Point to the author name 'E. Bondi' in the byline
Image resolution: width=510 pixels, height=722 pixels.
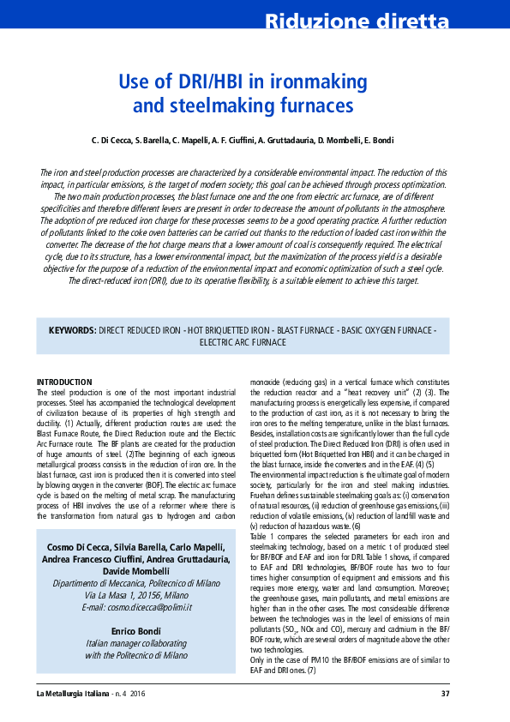point(400,140)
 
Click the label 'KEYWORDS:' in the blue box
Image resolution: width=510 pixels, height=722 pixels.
point(72,330)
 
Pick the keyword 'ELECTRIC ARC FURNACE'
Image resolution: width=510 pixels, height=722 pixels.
point(243,342)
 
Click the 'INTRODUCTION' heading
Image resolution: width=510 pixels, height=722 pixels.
point(64,382)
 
